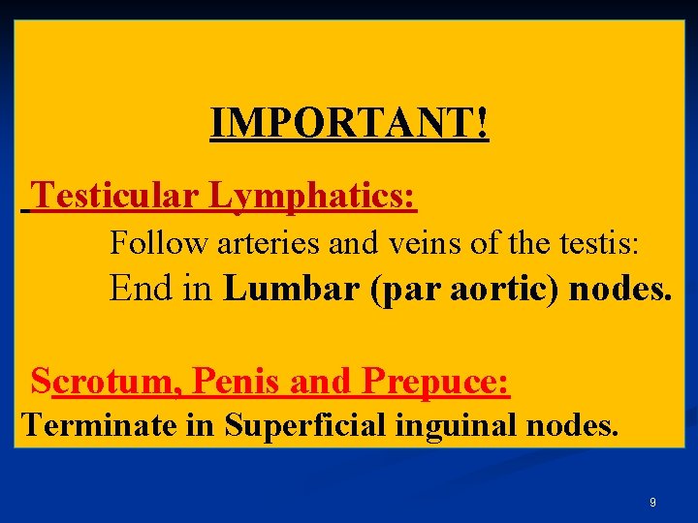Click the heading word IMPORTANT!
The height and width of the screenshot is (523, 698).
point(349,124)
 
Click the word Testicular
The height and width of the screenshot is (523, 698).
point(117,197)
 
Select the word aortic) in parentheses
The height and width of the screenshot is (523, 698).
point(502,289)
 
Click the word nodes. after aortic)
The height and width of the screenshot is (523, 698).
point(619,289)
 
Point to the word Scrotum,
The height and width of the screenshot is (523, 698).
point(109,382)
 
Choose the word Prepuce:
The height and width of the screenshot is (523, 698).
point(435,382)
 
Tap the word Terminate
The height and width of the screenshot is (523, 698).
point(88,424)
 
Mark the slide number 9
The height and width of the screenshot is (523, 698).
point(652,503)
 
